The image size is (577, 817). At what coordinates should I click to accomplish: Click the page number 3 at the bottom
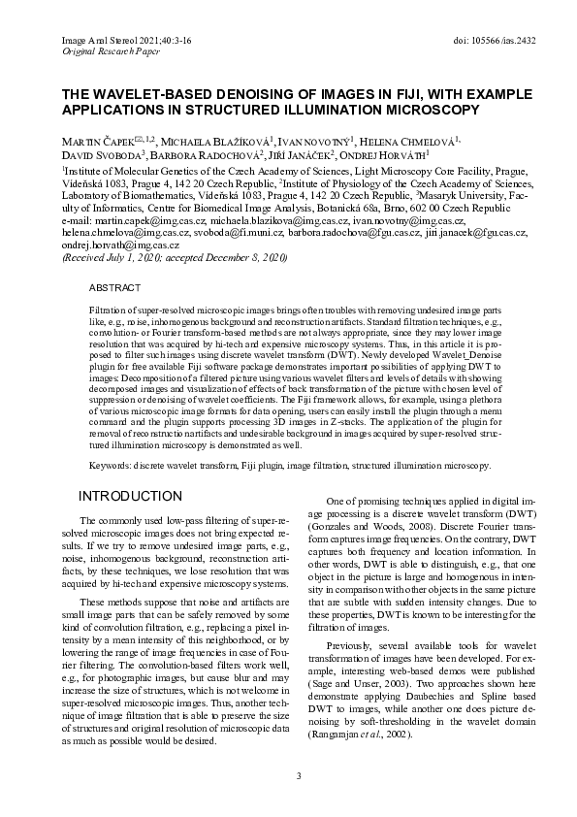pos(300,775)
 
